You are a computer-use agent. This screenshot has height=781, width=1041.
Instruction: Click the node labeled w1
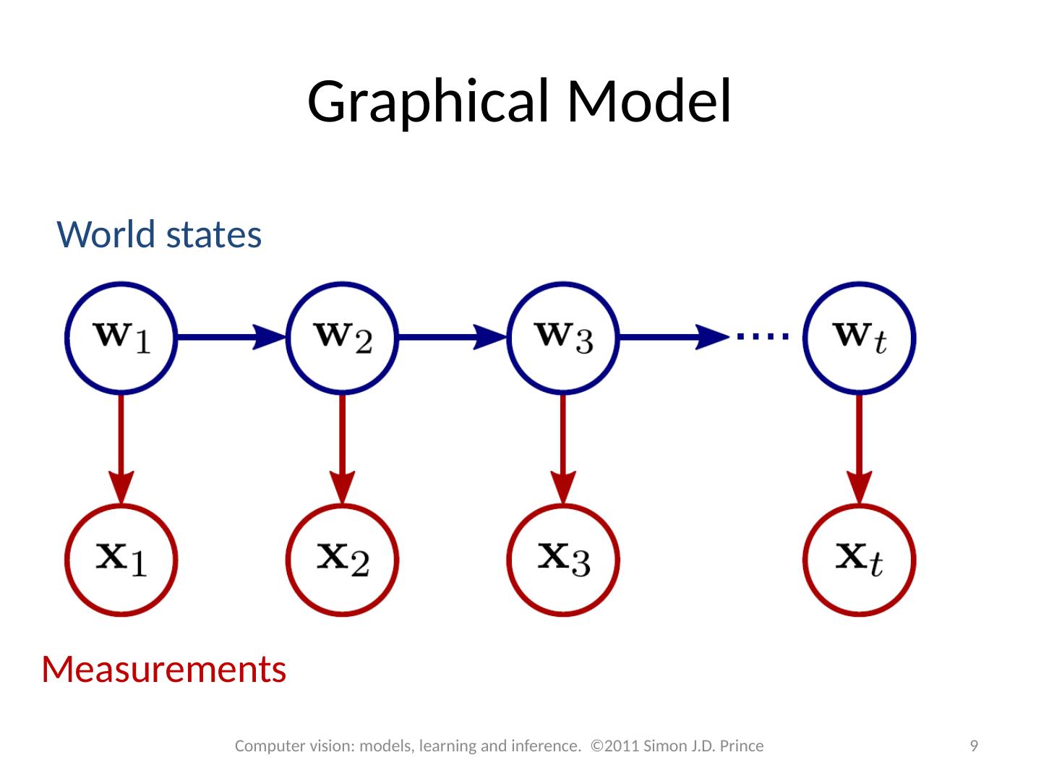point(121,338)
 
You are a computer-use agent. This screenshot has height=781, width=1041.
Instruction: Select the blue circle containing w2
point(343,338)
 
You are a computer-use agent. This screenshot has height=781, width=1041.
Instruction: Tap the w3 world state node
point(563,338)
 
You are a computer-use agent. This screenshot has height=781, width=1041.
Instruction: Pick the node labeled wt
point(860,338)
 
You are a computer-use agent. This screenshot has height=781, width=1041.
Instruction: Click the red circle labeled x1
point(121,559)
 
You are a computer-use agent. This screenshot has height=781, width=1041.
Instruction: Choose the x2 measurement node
point(343,559)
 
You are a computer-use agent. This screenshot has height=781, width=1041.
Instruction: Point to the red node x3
point(563,559)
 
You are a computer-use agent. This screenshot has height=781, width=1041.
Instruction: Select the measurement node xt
point(860,559)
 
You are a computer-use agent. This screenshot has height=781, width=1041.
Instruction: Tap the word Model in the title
point(648,101)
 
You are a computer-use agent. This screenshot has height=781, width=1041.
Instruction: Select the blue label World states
point(159,234)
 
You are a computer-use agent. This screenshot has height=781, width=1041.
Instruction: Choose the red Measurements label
point(164,670)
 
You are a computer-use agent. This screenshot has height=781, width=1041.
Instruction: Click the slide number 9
point(974,746)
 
